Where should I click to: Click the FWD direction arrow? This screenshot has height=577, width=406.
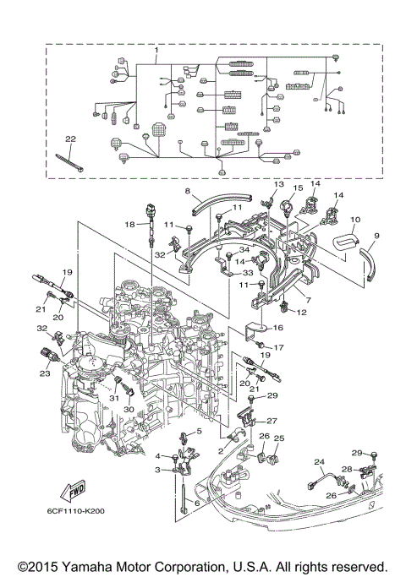tap(74, 492)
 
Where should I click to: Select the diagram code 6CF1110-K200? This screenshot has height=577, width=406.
tap(75, 511)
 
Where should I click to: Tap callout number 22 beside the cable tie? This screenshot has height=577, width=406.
tap(70, 139)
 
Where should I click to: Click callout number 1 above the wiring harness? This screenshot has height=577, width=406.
tap(156, 49)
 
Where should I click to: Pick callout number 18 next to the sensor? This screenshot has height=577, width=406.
tap(129, 224)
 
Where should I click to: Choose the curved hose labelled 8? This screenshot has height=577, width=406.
tap(222, 204)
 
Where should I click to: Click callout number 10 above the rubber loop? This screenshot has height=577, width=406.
tap(355, 220)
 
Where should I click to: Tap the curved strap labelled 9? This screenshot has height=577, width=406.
tap(369, 263)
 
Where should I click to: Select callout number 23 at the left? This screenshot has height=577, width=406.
tap(45, 373)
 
